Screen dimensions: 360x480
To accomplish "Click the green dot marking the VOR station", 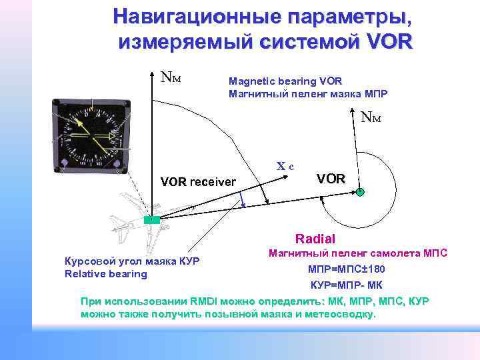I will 359,192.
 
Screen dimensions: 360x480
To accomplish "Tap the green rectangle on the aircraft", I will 153,219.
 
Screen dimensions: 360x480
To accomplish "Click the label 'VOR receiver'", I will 199,181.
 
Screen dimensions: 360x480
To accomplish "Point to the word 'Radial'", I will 315,239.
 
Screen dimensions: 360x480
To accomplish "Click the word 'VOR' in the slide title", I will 389,42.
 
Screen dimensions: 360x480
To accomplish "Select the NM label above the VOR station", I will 371,119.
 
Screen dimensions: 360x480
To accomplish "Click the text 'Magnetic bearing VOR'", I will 285,81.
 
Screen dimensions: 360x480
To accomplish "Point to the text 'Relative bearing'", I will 106,273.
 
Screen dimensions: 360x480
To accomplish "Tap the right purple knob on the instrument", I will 116,164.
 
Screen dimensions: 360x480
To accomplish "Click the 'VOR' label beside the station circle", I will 331,179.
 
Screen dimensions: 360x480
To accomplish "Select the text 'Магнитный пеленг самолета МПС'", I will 357,253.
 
